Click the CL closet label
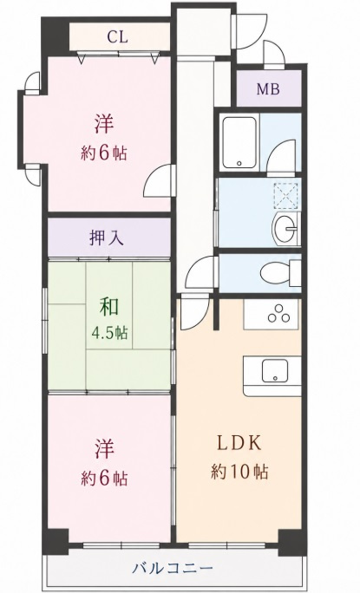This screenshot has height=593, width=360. (x=117, y=37)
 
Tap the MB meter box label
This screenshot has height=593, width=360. (x=268, y=89)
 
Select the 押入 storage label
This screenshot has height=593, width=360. (x=107, y=238)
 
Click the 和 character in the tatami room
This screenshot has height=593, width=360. (x=109, y=307)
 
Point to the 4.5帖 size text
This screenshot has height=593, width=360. (x=109, y=333)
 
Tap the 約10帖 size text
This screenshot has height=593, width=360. (x=239, y=472)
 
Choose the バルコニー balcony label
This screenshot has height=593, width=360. (x=173, y=568)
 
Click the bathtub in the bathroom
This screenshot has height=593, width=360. (x=239, y=142)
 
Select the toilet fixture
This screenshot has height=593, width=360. (x=279, y=273)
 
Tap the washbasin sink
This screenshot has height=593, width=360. (x=285, y=229)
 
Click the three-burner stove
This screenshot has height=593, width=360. (x=279, y=314)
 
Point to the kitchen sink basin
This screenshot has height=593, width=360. (x=275, y=370)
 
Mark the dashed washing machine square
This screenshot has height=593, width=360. (x=285, y=195)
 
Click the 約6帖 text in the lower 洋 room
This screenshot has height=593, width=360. (x=104, y=479)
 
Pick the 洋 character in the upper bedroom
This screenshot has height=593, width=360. (x=104, y=124)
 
